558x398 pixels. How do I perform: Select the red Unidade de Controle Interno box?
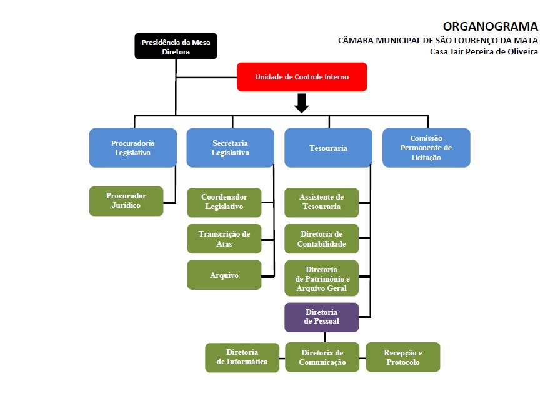pyautogui.click(x=301, y=77)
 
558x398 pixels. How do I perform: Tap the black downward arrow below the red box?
pyautogui.click(x=302, y=103)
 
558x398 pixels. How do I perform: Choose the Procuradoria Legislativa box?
pyautogui.click(x=133, y=148)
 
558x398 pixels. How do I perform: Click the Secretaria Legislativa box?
pyautogui.click(x=230, y=148)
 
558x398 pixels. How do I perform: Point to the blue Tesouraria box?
pyautogui.click(x=328, y=148)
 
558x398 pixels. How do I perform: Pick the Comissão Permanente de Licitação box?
pyautogui.click(x=426, y=148)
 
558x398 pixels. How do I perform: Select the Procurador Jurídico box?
pyautogui.click(x=126, y=201)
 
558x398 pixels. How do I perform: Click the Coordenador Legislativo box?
pyautogui.click(x=224, y=202)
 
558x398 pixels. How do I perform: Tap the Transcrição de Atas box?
pyautogui.click(x=224, y=238)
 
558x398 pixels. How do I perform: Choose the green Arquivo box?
pyautogui.click(x=224, y=275)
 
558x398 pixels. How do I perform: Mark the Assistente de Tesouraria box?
pyautogui.click(x=322, y=202)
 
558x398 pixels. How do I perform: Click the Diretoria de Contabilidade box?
pyautogui.click(x=322, y=238)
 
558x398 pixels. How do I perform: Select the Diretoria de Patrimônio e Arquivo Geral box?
pyautogui.click(x=322, y=278)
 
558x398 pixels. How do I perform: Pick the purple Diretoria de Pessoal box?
pyautogui.click(x=322, y=317)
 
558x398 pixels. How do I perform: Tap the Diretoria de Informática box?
pyautogui.click(x=242, y=357)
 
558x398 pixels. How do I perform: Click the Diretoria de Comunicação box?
pyautogui.click(x=322, y=357)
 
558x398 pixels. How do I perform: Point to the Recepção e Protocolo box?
pyautogui.click(x=403, y=357)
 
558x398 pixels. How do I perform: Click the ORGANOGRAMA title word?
pyautogui.click(x=490, y=26)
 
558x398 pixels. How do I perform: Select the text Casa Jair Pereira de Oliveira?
pyautogui.click(x=484, y=51)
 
